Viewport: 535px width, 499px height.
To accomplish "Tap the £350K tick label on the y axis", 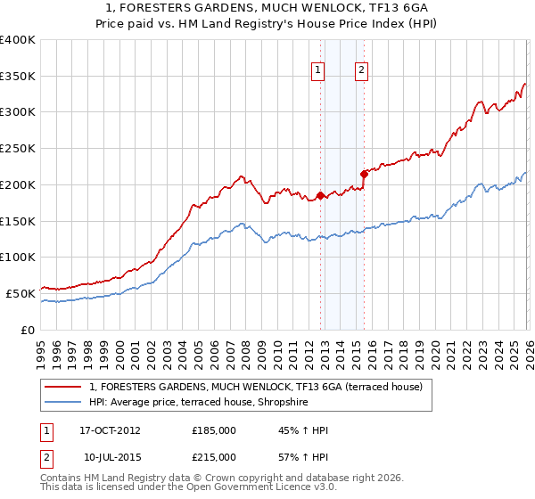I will click(x=18, y=77).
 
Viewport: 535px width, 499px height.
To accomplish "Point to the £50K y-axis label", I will click(x=21, y=292).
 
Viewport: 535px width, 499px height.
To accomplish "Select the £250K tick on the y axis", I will click(x=18, y=149).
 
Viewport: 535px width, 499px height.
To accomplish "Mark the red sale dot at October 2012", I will click(x=320, y=195).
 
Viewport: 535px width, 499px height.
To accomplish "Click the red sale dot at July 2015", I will click(x=363, y=174).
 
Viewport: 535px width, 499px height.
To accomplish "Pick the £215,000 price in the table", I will click(x=214, y=457).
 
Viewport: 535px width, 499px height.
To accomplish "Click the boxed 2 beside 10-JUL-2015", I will click(x=46, y=457).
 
